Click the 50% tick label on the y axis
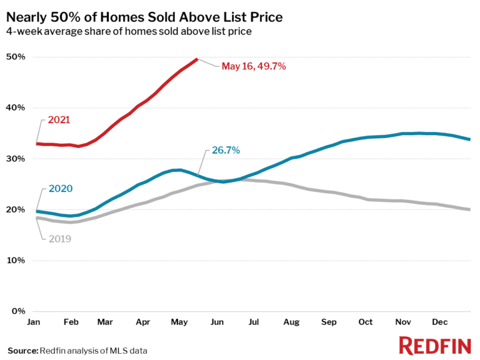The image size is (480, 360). [16, 57]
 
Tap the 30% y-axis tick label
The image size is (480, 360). [16, 159]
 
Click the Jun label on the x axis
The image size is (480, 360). [217, 322]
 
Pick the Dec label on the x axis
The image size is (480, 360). [441, 322]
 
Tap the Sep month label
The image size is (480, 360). [329, 322]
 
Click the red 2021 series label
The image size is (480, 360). [59, 119]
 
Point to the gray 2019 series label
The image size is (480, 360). [59, 238]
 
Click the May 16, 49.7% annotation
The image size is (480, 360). [253, 66]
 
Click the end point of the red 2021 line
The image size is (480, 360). [197, 59]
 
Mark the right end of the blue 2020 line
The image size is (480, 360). [469, 139]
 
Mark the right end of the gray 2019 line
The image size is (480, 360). [469, 209]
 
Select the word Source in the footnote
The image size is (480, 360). [22, 351]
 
